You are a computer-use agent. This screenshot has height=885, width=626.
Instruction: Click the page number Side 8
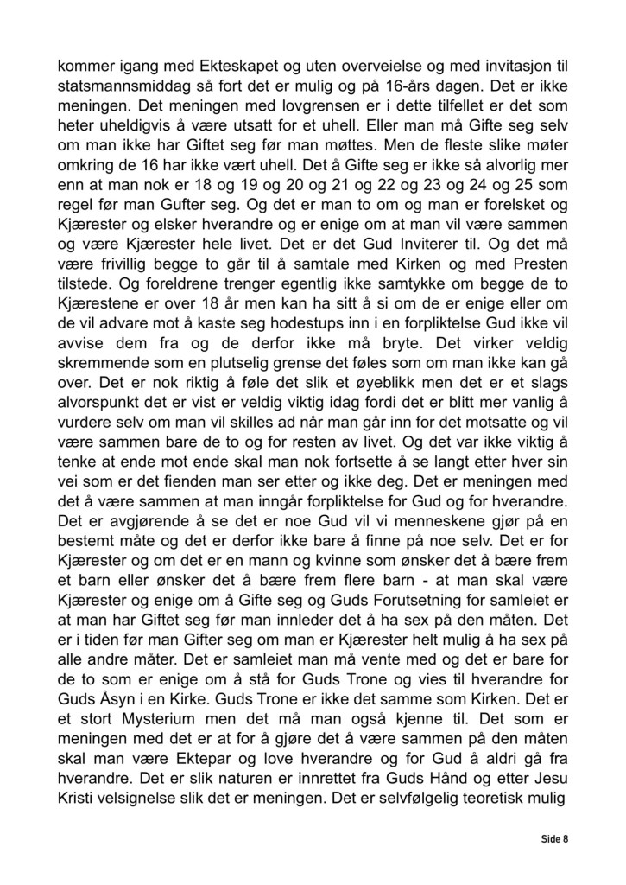tap(555, 838)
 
